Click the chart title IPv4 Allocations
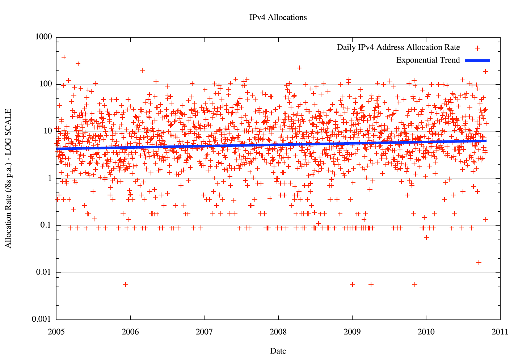278,17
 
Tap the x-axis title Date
278,351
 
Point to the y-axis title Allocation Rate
8,178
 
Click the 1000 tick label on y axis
44,37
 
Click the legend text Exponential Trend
428,60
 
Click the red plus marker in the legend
477,48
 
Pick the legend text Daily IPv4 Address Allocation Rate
398,47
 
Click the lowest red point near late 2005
125,285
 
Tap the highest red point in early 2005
64,57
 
